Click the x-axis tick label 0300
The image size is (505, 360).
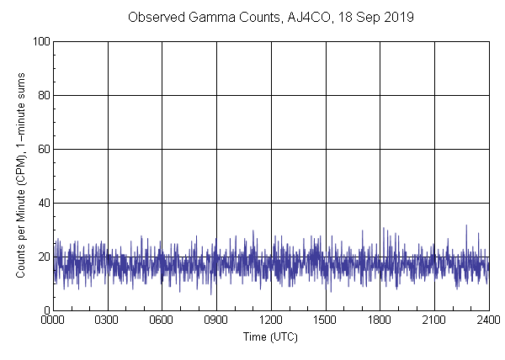tap(107, 320)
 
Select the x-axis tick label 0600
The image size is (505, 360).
tap(162, 320)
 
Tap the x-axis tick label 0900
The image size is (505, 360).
tap(216, 320)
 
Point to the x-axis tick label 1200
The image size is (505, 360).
tap(271, 320)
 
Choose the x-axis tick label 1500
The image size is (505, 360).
tap(325, 320)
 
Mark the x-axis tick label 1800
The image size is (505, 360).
tap(380, 320)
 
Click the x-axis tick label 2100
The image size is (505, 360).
tap(434, 320)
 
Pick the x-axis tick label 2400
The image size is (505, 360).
tap(488, 320)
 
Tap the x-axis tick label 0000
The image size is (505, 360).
tap(53, 320)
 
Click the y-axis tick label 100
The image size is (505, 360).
tap(40, 41)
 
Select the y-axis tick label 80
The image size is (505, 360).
tap(42, 95)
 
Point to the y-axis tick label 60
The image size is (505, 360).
tap(42, 149)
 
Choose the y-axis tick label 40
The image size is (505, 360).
tap(42, 203)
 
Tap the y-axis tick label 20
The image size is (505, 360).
tap(42, 257)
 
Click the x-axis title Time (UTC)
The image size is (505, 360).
tap(270, 336)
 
